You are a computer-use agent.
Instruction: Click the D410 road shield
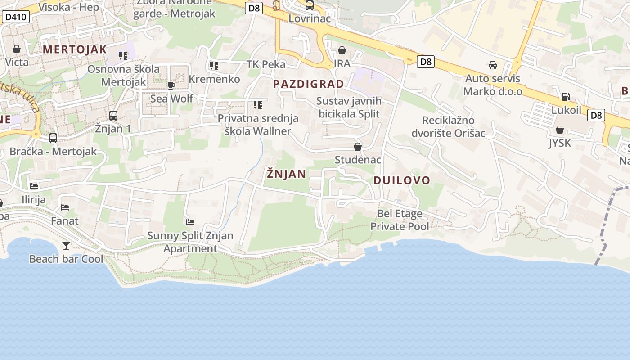coord(16,18)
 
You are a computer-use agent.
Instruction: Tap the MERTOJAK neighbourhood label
coord(75,49)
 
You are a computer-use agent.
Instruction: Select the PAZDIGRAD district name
coord(308,84)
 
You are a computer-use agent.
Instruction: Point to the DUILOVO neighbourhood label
coord(402,180)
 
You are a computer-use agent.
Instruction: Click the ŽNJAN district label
coord(286,174)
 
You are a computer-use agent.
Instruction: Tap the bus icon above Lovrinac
coord(310,6)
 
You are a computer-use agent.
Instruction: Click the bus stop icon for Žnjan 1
coord(113,116)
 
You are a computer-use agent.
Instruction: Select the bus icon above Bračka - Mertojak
coord(53,138)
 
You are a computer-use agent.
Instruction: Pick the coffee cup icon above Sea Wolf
coord(171,85)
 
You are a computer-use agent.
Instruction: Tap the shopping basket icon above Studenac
coord(358,147)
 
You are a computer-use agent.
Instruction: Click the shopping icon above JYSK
coord(560,130)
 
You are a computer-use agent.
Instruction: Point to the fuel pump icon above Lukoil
coord(566,96)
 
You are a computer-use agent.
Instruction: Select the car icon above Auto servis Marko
coord(493,65)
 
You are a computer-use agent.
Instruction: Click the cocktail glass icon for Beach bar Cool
coord(66,245)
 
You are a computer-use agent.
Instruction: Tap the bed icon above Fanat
coord(65,207)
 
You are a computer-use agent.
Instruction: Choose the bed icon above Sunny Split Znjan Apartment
coord(190,222)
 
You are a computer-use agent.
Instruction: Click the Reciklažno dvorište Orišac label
coord(448,127)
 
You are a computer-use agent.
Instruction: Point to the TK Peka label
coord(266,64)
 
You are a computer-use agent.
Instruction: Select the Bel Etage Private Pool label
coord(400,220)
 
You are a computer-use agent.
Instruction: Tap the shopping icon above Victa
coord(17,49)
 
